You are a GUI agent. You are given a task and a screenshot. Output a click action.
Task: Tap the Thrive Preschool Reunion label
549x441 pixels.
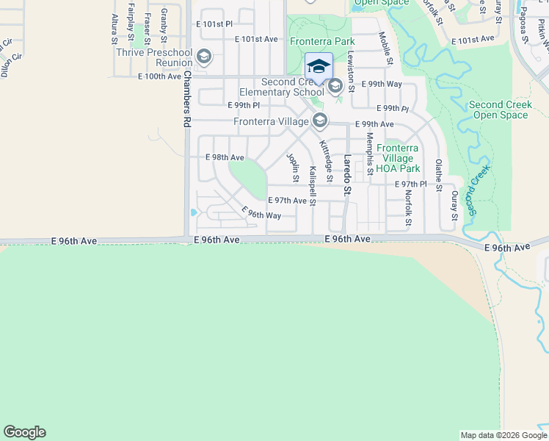(x=153, y=57)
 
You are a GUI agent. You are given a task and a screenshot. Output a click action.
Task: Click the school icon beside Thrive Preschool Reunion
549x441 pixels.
(x=203, y=57)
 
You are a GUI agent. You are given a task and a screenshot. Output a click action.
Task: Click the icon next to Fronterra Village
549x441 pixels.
(x=319, y=120)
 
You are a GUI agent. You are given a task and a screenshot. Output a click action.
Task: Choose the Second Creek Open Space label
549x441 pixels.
(x=501, y=110)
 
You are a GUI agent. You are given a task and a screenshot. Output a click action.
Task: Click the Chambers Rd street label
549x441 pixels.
(x=186, y=100)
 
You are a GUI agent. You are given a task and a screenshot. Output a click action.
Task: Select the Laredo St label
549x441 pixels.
(x=349, y=175)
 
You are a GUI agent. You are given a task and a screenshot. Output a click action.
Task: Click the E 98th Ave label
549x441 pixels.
(x=225, y=157)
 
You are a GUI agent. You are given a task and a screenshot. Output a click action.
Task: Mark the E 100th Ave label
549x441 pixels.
(x=159, y=76)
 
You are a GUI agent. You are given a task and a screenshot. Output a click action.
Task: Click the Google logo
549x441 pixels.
(x=24, y=432)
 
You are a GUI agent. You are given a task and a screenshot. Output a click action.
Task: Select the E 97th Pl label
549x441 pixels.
(x=410, y=184)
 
